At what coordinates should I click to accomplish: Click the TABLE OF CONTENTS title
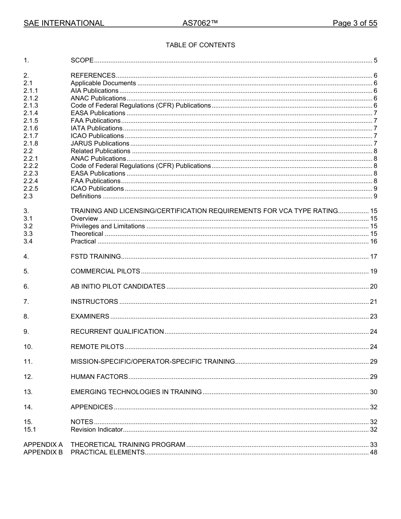pos(200,45)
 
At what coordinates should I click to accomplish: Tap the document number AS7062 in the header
pos(200,24)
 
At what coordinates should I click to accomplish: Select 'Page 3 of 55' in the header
pos(355,24)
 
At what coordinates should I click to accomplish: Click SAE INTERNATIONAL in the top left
pos(64,24)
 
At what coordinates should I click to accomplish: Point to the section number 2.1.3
pos(31,105)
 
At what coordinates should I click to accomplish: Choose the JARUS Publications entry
pos(100,143)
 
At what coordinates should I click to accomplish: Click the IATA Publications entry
pos(96,128)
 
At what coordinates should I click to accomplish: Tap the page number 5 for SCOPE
pos(375,60)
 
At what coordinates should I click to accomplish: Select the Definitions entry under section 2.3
pos(86,196)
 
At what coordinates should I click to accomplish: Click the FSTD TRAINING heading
pos(95,257)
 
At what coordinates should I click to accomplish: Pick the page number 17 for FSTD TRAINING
pos(373,257)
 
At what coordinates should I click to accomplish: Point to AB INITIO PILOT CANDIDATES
pos(118,287)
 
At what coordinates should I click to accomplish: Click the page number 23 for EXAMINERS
pos(373,316)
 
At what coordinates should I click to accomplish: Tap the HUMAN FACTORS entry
pos(99,377)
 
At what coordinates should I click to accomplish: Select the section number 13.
pos(28,392)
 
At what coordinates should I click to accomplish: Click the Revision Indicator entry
pos(96,430)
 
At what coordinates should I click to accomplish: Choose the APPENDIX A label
pos(43,445)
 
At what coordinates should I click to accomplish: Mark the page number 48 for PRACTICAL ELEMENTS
pos(373,452)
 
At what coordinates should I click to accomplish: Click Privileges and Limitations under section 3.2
pos(108,226)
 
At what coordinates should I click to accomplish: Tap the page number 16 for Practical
pos(373,241)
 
